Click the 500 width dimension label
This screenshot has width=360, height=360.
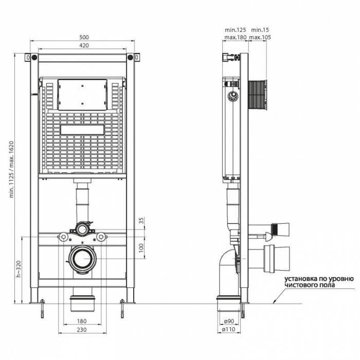point(84,37)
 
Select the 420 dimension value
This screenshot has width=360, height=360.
point(84,46)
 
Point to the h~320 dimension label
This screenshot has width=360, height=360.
point(19,269)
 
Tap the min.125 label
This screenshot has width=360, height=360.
point(235,30)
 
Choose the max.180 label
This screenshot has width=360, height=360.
point(235,38)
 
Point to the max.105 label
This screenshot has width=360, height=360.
point(260,38)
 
